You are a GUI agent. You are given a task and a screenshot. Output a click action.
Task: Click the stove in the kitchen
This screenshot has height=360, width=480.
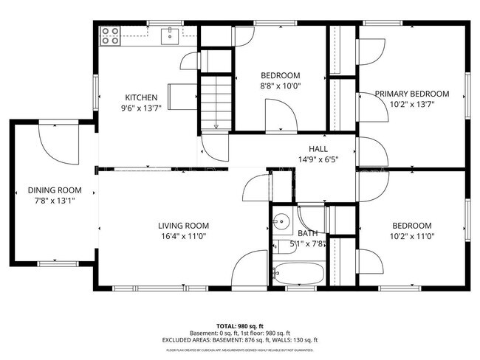pos(110,35)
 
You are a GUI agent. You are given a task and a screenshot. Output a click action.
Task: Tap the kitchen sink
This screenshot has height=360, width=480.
pos(170,34)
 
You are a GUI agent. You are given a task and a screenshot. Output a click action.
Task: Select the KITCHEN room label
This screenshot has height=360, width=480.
pos(141,97)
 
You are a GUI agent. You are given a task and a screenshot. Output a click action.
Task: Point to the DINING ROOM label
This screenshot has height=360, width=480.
pos(49,190)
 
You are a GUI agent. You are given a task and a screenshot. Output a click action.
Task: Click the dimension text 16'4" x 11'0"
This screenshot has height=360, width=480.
pos(184,236)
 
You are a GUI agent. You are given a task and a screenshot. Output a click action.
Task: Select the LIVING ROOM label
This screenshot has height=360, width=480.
pos(184,226)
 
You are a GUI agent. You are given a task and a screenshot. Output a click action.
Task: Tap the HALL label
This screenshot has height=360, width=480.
pos(318,148)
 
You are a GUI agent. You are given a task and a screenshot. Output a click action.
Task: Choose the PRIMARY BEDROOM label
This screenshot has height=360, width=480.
pos(411,94)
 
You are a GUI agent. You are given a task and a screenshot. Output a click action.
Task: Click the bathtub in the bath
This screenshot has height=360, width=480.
pos(298,274)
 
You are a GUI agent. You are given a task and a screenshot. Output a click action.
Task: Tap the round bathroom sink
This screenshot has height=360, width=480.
pos(281,221)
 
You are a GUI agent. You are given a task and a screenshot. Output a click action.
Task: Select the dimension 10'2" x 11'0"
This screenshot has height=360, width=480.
pos(411,236)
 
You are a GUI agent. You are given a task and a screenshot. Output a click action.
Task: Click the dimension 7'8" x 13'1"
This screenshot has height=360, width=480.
pos(49,200)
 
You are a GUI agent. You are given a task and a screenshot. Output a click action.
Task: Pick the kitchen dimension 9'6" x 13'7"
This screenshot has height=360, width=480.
pos(141,107)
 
